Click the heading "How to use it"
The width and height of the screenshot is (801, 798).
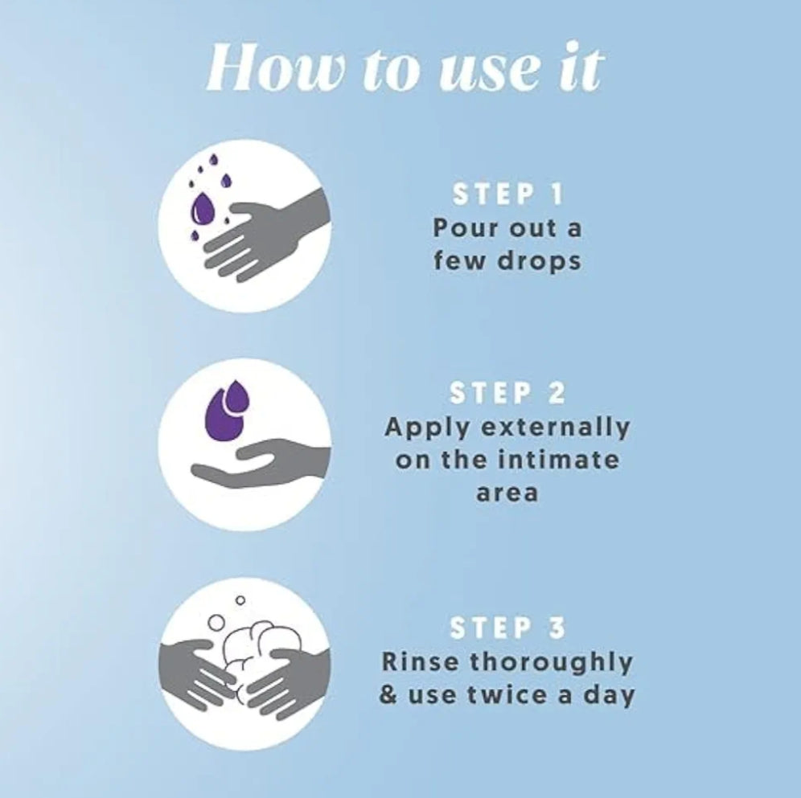point(405,69)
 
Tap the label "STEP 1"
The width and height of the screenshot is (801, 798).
point(507,194)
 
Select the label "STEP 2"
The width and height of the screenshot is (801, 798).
point(507,394)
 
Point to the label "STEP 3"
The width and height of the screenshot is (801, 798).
point(507,628)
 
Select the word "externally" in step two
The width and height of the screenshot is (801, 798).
point(556,428)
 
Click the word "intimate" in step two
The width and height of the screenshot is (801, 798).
point(558,460)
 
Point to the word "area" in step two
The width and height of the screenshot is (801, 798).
point(507,493)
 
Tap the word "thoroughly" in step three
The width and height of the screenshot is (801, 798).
point(551,663)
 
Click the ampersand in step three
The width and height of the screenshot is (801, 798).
point(388,695)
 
